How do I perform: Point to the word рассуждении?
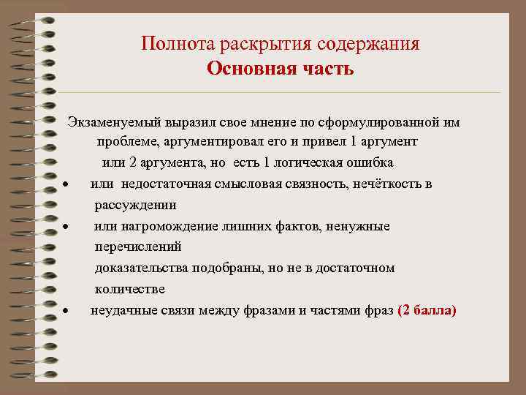[135, 205]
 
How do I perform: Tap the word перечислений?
[137, 247]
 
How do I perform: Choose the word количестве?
[129, 290]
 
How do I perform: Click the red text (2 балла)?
[427, 311]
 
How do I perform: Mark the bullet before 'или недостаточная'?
[66, 185]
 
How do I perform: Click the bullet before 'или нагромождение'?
[66, 227]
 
